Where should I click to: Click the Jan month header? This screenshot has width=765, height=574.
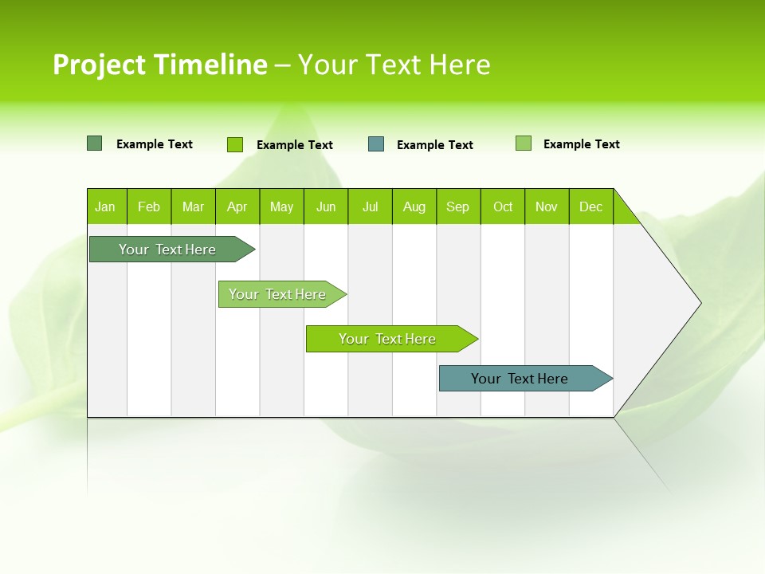tap(105, 206)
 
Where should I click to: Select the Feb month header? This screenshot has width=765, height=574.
tap(149, 206)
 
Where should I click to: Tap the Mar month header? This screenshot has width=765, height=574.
tap(193, 206)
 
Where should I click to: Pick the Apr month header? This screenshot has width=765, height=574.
tap(237, 206)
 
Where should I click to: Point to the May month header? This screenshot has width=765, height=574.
tap(281, 206)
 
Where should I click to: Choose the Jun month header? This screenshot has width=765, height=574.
tap(326, 206)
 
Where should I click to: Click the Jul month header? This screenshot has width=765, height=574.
tap(370, 206)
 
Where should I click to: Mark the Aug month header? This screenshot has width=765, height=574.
tap(414, 206)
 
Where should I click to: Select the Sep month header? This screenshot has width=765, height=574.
tap(458, 206)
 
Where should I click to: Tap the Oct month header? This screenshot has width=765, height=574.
tap(503, 206)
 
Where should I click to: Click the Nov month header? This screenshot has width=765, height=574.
tap(547, 206)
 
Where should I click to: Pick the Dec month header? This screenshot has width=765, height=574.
tap(591, 206)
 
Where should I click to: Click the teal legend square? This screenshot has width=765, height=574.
tap(376, 144)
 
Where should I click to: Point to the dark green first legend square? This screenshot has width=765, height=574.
tap(95, 143)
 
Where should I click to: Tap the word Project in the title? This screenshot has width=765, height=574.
tap(100, 65)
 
